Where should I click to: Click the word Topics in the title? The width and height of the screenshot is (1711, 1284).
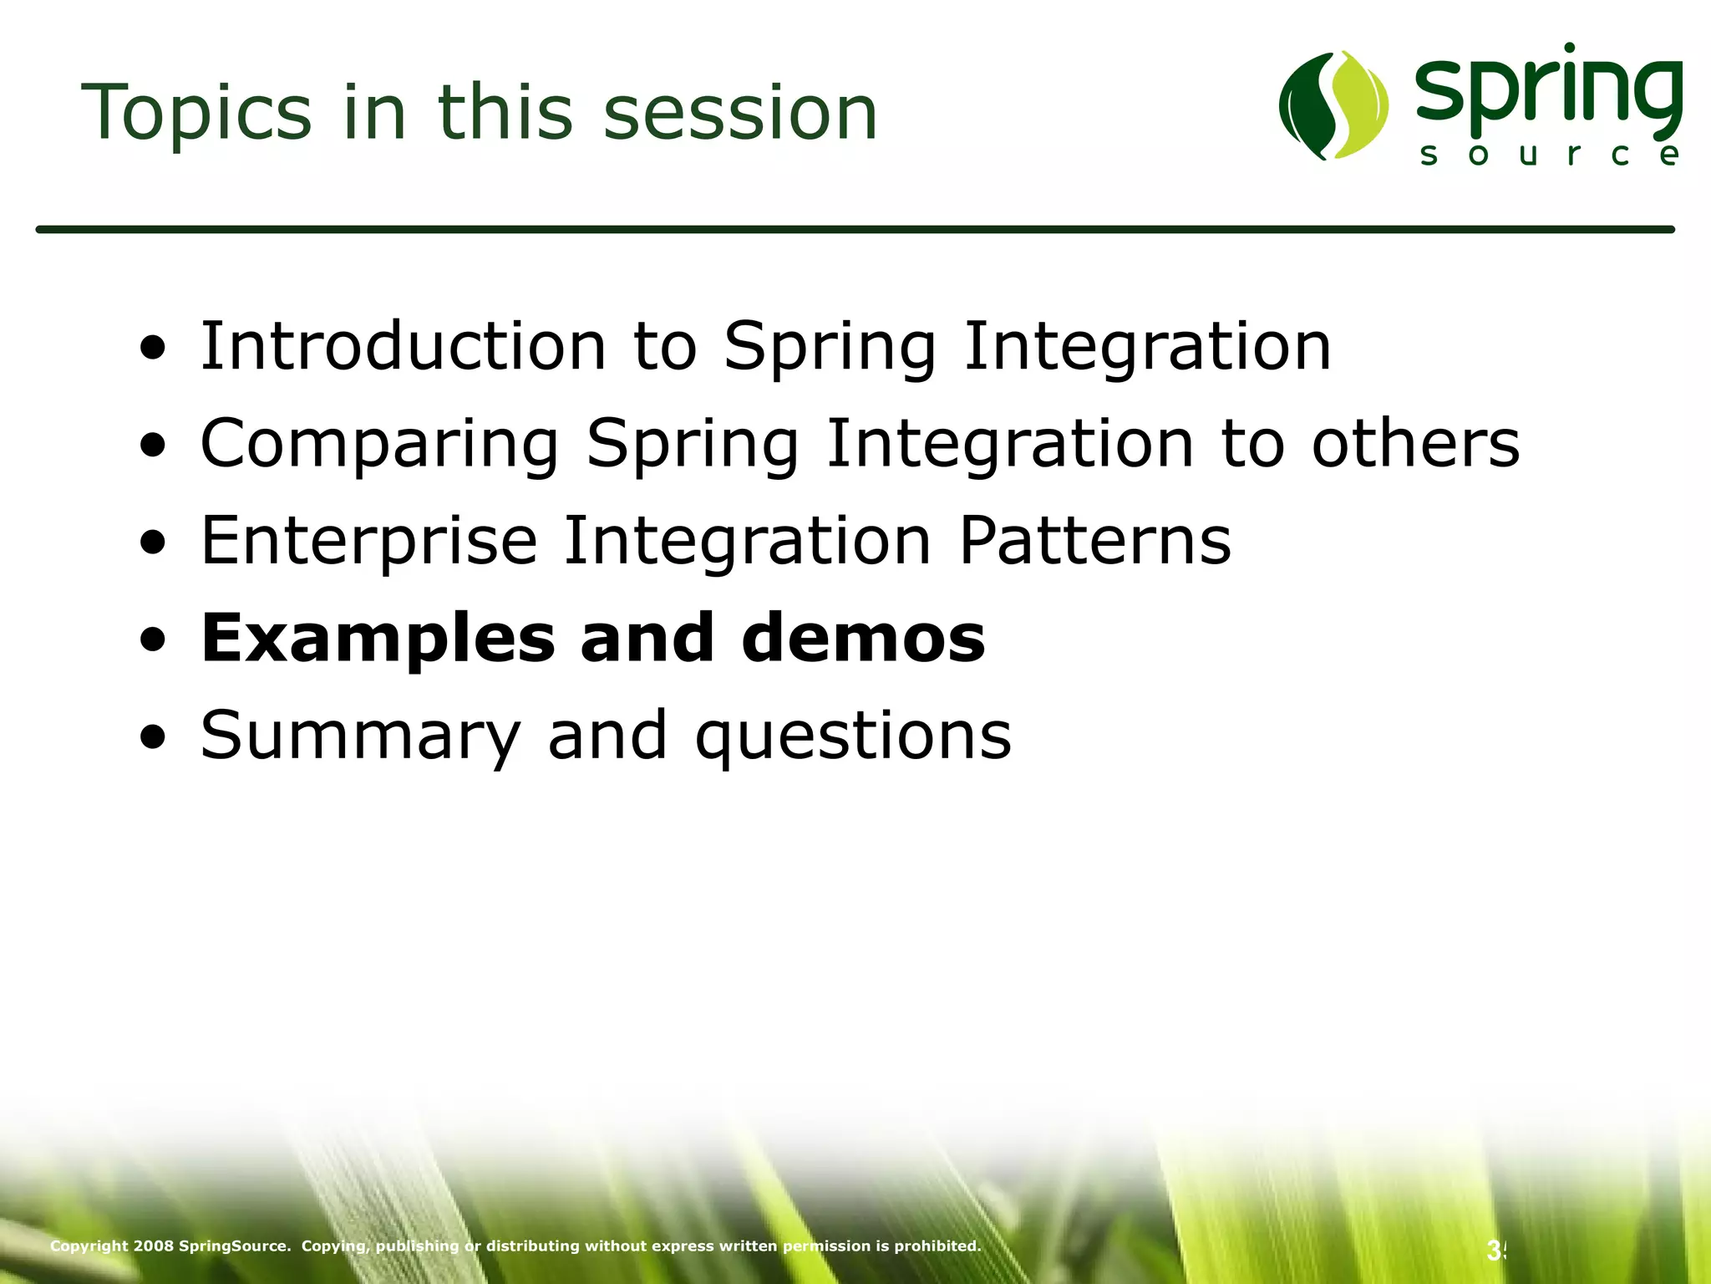tap(196, 113)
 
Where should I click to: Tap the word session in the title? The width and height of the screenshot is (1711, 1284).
tap(739, 113)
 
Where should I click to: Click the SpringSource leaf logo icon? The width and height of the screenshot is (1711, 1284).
tap(1333, 105)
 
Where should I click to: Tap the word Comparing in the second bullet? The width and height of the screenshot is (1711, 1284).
tap(379, 443)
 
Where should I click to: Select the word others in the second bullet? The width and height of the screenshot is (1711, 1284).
tap(1415, 443)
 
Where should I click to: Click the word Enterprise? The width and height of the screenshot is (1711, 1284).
tap(368, 541)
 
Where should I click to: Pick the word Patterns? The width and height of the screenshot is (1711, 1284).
tap(1094, 541)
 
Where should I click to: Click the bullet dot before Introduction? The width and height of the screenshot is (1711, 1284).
tap(153, 348)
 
